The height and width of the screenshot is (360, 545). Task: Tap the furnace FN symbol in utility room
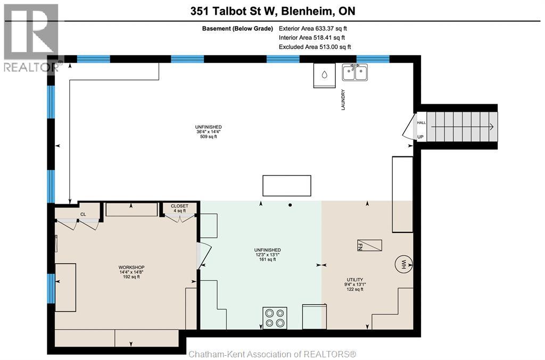click(369, 245)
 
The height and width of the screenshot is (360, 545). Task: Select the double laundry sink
click(354, 72)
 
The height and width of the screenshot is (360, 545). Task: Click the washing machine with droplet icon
click(324, 74)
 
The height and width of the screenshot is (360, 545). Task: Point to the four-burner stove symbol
click(275, 317)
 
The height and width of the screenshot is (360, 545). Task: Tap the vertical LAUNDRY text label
click(344, 99)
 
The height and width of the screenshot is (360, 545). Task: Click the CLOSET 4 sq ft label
click(179, 208)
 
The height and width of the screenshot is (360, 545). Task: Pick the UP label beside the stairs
click(421, 137)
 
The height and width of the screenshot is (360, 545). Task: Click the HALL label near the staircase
click(421, 123)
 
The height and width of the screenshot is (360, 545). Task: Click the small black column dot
click(290, 205)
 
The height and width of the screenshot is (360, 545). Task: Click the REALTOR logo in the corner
click(30, 37)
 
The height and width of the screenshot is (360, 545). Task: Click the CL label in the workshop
click(83, 215)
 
